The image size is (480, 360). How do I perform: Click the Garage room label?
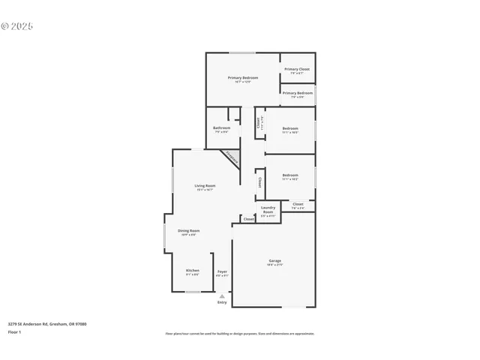274,261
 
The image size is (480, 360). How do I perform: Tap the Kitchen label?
193,270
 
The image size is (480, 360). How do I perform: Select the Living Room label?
205,186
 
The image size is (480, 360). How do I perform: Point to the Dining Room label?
188,231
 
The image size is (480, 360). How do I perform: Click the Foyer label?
222,271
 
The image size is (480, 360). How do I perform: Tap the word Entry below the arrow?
222,302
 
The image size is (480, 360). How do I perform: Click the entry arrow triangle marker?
222,296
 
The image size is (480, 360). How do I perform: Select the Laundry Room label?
268,209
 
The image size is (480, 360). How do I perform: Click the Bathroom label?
221,128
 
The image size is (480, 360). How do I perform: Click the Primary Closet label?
297,69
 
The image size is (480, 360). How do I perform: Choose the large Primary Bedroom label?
243,78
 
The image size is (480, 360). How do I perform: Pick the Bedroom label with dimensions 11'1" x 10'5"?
290,129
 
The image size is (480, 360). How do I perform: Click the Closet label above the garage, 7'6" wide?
298,204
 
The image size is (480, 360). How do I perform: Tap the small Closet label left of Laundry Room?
248,219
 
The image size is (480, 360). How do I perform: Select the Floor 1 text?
15,331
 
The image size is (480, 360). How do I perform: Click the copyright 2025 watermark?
17,26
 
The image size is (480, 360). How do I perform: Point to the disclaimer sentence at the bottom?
240,334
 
